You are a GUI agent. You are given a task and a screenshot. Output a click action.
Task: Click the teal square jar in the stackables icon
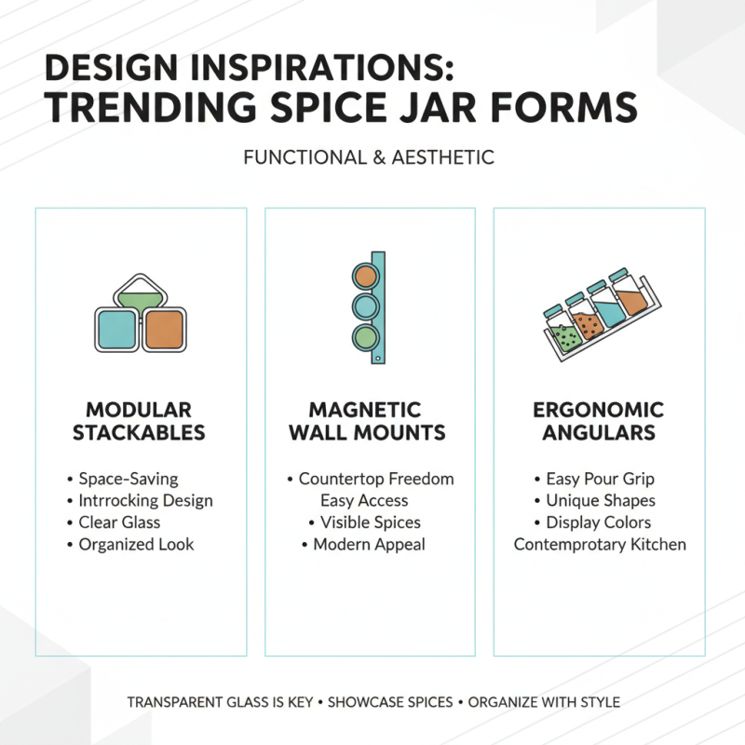pyautogui.click(x=117, y=331)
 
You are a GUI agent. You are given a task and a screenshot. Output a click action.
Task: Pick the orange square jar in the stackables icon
pyautogui.click(x=165, y=331)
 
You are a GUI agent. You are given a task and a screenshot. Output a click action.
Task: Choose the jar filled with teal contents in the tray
pyautogui.click(x=611, y=311)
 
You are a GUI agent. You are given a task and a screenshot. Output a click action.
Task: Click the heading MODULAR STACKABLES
pyautogui.click(x=139, y=421)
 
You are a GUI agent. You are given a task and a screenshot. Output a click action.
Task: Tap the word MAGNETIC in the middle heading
pyautogui.click(x=366, y=410)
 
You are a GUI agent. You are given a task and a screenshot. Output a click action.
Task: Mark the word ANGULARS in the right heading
pyautogui.click(x=598, y=433)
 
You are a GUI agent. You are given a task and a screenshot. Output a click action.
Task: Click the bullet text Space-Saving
pyautogui.click(x=128, y=479)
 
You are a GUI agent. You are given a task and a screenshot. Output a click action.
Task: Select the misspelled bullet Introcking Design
pyautogui.click(x=145, y=500)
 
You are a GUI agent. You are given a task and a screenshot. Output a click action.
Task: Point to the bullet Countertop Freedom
pyautogui.click(x=376, y=479)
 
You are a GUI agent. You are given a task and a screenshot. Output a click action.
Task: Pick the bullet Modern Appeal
pyautogui.click(x=369, y=544)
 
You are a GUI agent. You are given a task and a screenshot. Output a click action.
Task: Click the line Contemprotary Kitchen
pyautogui.click(x=599, y=544)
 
